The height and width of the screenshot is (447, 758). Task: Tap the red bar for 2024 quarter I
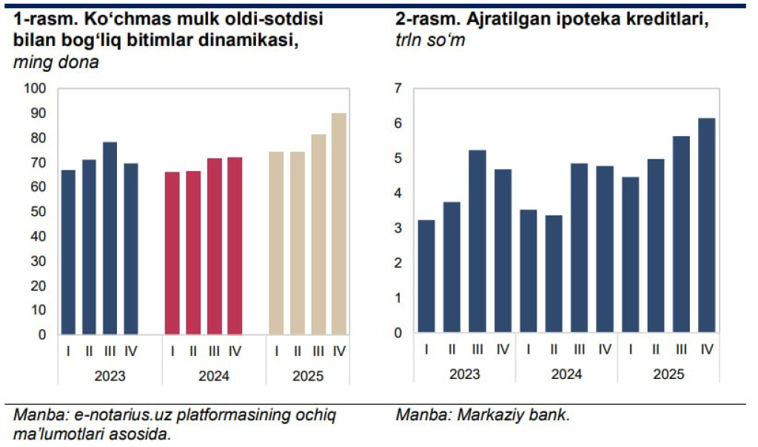[x=172, y=253]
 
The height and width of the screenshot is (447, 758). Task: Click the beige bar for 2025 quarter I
[x=276, y=243]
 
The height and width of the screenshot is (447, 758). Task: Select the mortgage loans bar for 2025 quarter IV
[x=706, y=225]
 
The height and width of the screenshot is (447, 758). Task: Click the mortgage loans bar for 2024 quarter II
[x=553, y=274]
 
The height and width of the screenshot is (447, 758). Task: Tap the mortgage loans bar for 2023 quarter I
[x=426, y=276]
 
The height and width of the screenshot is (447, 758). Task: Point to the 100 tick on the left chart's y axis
[x=36, y=89]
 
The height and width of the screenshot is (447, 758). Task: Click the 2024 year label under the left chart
[x=214, y=377]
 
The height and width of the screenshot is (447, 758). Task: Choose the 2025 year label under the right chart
[x=668, y=374]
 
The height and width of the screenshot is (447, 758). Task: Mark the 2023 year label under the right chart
[x=464, y=374]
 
